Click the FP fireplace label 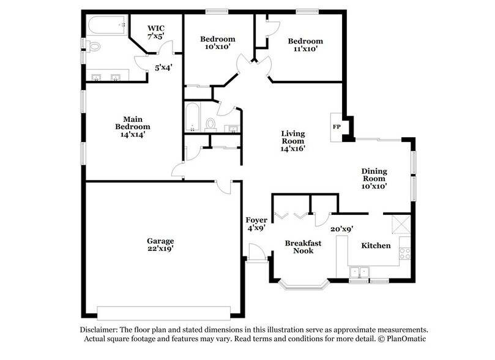click(x=336, y=127)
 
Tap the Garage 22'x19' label click(x=160, y=245)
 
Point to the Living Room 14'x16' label click(x=292, y=141)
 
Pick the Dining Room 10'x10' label click(x=376, y=179)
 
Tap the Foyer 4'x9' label click(x=255, y=223)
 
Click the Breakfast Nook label click(x=303, y=247)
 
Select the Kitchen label click(x=376, y=246)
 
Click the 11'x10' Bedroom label click(x=305, y=45)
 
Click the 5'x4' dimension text click(x=162, y=68)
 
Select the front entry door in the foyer click(x=256, y=252)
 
